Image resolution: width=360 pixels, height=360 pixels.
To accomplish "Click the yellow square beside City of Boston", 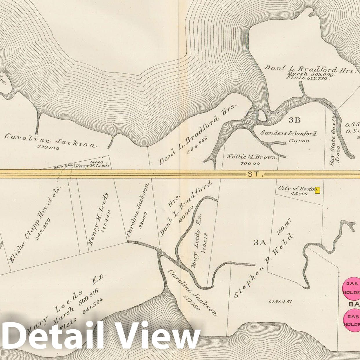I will [x=317, y=190].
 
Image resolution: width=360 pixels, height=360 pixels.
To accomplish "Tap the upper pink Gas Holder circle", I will [x=351, y=288].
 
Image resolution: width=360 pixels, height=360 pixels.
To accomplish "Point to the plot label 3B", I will [x=294, y=120].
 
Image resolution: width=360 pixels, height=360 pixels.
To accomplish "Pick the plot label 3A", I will [x=260, y=243].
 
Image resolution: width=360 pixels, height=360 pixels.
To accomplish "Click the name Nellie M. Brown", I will [x=251, y=157].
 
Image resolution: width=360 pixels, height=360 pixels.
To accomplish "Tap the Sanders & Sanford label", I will [x=288, y=133].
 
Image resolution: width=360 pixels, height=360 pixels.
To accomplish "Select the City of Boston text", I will [x=297, y=188].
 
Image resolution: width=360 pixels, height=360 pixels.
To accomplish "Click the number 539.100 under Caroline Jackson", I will [x=48, y=147].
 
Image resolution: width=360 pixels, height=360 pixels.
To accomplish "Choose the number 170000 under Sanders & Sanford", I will [x=299, y=141].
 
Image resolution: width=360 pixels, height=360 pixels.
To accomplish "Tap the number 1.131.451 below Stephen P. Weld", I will [x=280, y=302].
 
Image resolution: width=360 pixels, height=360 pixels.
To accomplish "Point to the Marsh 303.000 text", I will [x=310, y=74].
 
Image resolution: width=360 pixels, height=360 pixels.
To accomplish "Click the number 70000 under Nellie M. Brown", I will [x=250, y=163].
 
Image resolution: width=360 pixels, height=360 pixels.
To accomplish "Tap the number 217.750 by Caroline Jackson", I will [x=192, y=303].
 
